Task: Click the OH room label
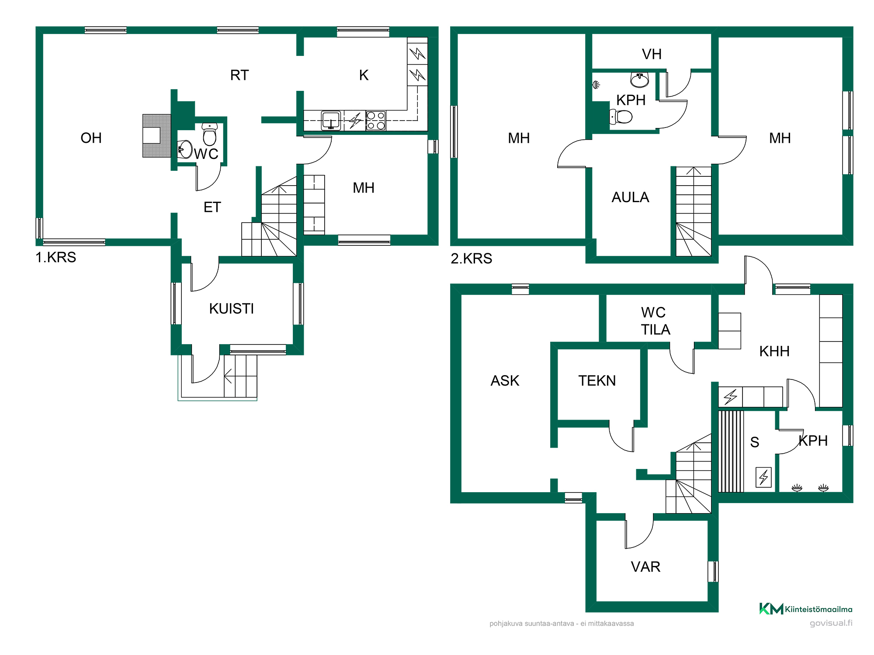tap(91, 138)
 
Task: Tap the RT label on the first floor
tap(239, 75)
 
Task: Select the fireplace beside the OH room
tap(157, 135)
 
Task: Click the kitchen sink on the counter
tap(331, 121)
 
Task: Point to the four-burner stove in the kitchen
tap(376, 121)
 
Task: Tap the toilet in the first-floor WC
tap(210, 134)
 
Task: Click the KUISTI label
tap(232, 309)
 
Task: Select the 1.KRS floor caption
tap(56, 257)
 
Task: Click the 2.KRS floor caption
tap(472, 259)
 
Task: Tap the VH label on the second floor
tap(652, 54)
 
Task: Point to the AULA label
tap(630, 197)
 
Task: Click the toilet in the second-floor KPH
tap(621, 117)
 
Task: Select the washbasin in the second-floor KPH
tap(640, 79)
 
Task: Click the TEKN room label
tap(597, 381)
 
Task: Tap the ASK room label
tap(505, 381)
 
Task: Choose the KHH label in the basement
tap(774, 352)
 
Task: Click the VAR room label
tap(645, 567)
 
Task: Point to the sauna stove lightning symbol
tap(763, 477)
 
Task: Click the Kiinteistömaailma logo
tap(806, 609)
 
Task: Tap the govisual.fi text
tap(831, 623)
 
